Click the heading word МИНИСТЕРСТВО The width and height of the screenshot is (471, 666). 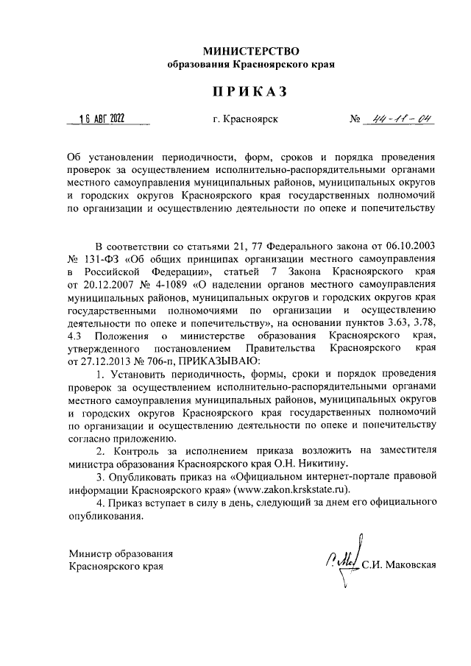coord(251,51)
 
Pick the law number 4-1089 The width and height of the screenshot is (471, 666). coord(170,285)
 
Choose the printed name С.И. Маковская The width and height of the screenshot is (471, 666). coord(400,565)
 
